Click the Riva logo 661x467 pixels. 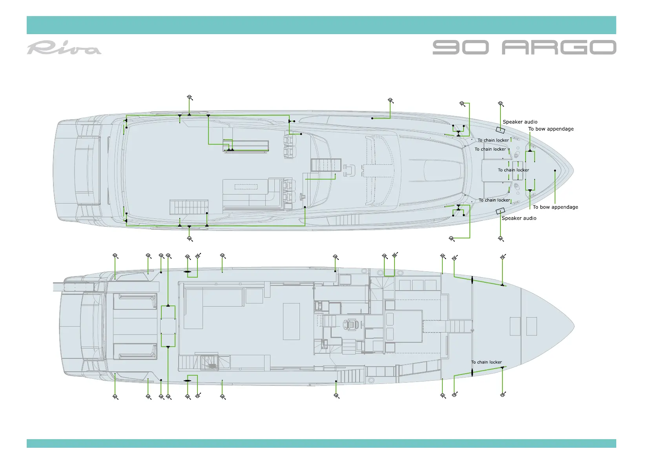tap(64, 48)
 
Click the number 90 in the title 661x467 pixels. tap(460, 47)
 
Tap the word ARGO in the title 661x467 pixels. tap(559, 47)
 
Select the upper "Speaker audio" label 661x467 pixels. tap(520, 122)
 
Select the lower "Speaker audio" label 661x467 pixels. tap(519, 218)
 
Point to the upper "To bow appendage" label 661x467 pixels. tap(551, 129)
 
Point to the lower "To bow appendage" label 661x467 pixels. tap(555, 207)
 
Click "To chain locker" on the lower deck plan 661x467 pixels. tap(486, 362)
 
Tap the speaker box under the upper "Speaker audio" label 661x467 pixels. tap(500, 130)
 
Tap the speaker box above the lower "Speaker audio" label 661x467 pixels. tap(500, 211)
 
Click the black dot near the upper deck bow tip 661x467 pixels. tap(555, 171)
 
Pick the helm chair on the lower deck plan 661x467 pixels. tap(350, 325)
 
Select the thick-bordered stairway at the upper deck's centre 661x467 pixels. tap(326, 165)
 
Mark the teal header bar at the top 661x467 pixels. tap(321, 25)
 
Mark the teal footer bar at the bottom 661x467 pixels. tap(321, 443)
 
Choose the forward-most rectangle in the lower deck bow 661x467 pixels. tap(531, 326)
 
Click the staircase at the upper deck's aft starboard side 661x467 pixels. tap(189, 207)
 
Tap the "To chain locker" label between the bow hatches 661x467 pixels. tap(513, 170)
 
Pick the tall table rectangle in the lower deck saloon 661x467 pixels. tap(291, 321)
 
